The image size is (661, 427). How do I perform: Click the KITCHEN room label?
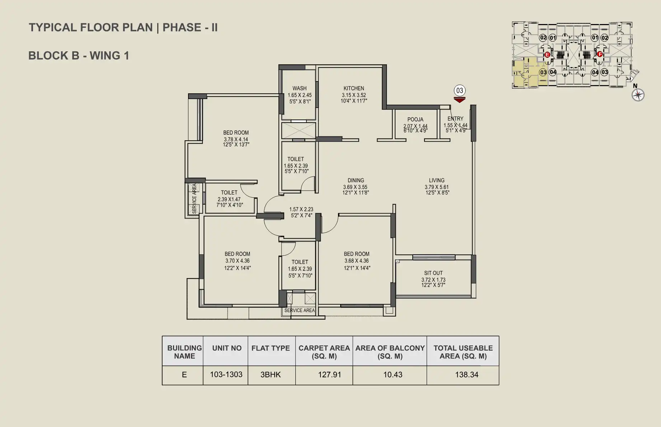click(354, 88)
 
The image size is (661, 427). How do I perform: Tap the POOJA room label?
click(415, 119)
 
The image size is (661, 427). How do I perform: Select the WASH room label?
click(299, 88)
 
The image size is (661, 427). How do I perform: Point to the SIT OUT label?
click(433, 273)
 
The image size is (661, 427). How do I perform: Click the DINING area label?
click(356, 180)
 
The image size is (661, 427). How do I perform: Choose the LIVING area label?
click(437, 180)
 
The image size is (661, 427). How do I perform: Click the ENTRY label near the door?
click(455, 119)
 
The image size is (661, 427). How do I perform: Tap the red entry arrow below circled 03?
click(459, 99)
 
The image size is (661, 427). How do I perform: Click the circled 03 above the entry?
click(459, 90)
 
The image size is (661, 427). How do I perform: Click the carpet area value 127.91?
click(329, 375)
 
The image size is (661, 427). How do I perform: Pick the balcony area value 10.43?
click(393, 375)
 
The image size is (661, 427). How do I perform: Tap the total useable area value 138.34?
click(467, 375)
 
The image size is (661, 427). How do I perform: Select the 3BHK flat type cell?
click(271, 375)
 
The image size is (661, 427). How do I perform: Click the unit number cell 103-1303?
click(226, 375)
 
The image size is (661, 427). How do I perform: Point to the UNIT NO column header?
click(227, 348)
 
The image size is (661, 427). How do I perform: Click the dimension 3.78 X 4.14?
click(236, 140)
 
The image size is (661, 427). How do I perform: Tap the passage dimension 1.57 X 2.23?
click(301, 209)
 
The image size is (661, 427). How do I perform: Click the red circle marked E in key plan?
click(547, 55)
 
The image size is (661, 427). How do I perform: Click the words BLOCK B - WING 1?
click(79, 56)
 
